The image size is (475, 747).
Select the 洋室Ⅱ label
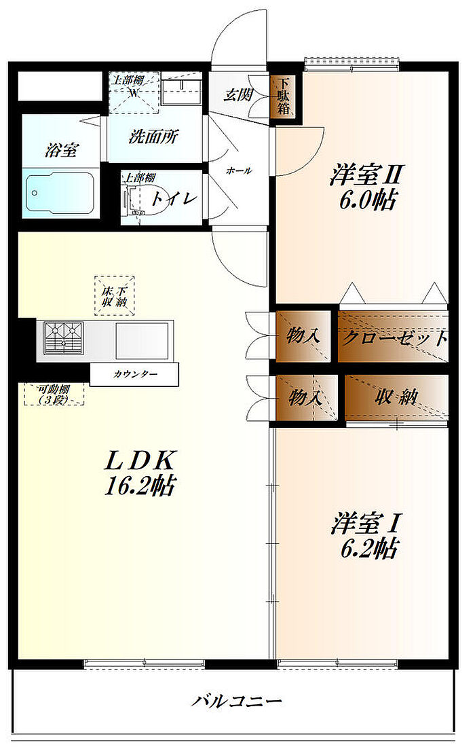click(366, 175)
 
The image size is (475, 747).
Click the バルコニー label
click(235, 701)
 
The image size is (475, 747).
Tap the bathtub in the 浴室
click(59, 194)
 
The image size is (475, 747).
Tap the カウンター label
click(135, 374)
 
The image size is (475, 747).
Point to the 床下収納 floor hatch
click(115, 295)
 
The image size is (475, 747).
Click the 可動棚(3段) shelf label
click(55, 395)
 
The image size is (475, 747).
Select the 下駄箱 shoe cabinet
click(284, 97)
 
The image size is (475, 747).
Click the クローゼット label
click(394, 338)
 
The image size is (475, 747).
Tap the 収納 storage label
click(398, 398)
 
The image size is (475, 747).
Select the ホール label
click(238, 171)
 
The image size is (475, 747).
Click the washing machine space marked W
click(134, 92)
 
